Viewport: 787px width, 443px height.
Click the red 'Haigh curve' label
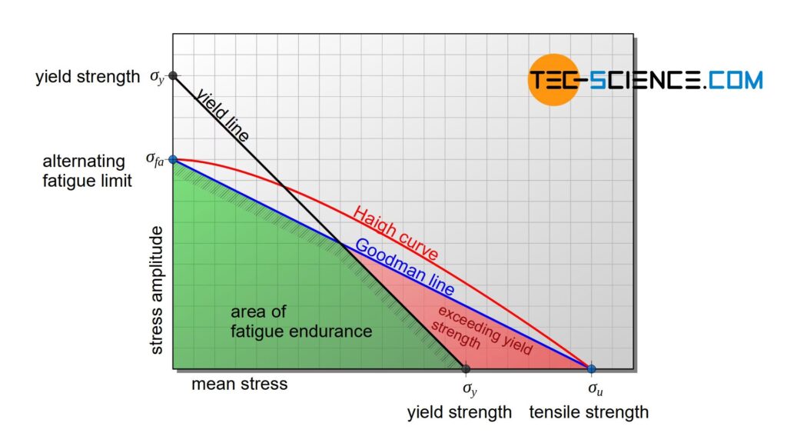(x=395, y=233)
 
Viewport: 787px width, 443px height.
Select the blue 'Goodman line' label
(x=404, y=268)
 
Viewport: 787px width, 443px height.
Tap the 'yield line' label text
(x=222, y=115)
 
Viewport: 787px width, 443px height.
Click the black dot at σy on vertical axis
(x=173, y=75)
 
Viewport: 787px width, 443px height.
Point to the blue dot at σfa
(x=173, y=160)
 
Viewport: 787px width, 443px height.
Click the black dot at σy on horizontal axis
(x=466, y=369)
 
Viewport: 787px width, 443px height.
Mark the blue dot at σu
(x=591, y=369)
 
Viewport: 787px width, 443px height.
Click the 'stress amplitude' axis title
(x=158, y=290)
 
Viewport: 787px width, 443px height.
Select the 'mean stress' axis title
(x=239, y=384)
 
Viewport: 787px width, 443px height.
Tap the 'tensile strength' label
(x=589, y=412)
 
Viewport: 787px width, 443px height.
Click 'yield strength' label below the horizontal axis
(x=459, y=412)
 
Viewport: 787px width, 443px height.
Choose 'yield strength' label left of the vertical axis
(x=88, y=77)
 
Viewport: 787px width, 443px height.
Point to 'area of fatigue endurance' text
(x=301, y=322)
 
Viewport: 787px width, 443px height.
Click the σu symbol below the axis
(x=596, y=390)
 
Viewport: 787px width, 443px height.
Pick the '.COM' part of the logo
(x=734, y=79)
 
